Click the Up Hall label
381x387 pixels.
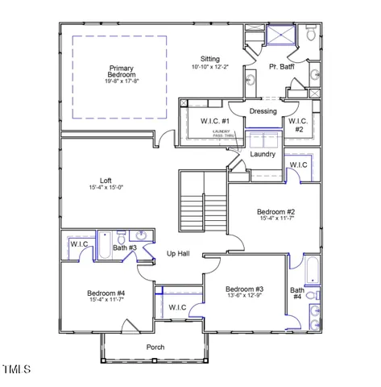(177, 254)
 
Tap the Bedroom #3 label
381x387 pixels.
(244, 289)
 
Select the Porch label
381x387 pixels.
(155, 347)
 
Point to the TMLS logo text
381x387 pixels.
(16, 370)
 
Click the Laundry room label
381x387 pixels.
(263, 154)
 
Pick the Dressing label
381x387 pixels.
(263, 111)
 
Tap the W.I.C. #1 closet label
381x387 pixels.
(215, 122)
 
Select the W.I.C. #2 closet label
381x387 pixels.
(296, 125)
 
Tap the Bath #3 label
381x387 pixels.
(125, 249)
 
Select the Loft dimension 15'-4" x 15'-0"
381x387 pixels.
(106, 188)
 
